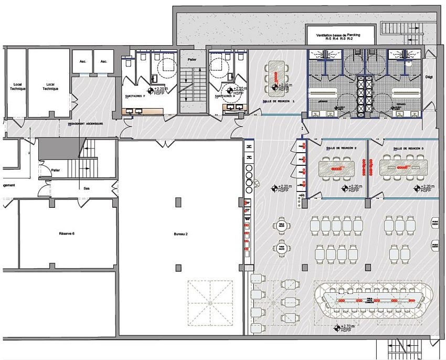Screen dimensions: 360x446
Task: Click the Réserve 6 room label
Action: coord(67,233)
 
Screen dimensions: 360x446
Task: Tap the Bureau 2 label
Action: coord(180,233)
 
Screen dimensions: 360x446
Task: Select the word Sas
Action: coord(86,187)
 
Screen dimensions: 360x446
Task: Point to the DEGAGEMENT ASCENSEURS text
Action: coord(86,124)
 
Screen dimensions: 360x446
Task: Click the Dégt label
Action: coord(429,77)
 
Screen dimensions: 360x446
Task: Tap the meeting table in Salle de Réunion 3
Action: coord(402,168)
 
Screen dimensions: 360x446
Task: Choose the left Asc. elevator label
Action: coord(83,61)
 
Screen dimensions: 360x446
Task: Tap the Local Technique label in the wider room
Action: coord(51,87)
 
